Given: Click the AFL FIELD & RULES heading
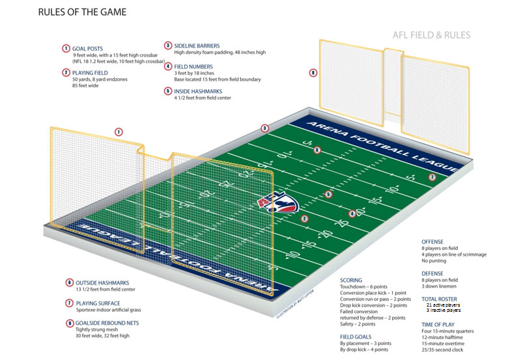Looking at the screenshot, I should click(431, 35).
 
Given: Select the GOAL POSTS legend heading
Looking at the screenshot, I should click(89, 48).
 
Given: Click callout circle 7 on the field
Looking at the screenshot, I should click(431, 177).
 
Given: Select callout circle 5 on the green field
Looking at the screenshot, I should click(328, 194).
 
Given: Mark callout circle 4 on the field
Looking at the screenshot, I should click(352, 214).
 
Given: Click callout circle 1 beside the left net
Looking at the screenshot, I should click(119, 132).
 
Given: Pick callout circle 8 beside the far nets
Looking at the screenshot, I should click(313, 73).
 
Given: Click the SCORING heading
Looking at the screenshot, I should click(352, 281).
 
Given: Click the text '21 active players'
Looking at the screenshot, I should click(443, 305).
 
